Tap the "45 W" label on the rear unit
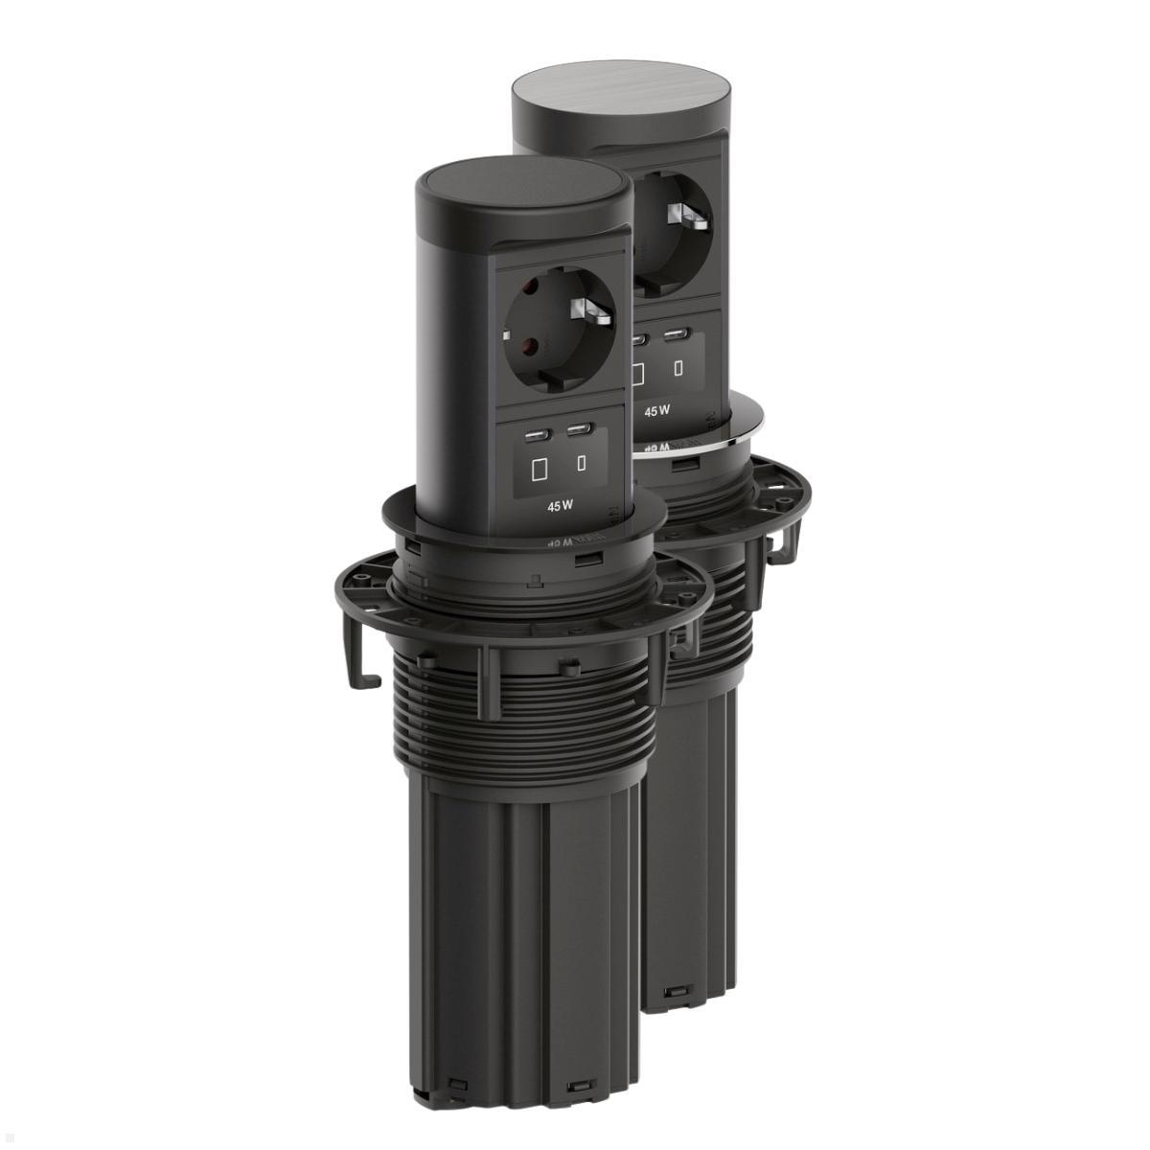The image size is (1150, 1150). click(656, 410)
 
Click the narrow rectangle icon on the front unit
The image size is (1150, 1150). click(582, 466)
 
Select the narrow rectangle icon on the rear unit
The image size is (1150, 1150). click(678, 367)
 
